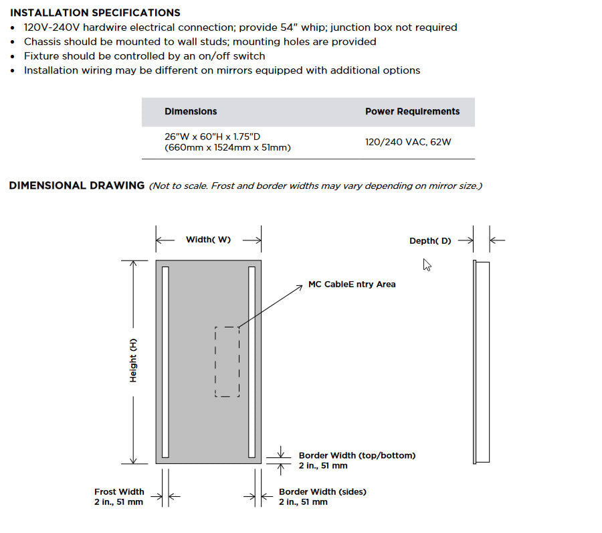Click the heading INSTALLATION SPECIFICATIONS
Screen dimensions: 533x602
click(x=95, y=13)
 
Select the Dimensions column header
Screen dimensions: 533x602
click(x=191, y=112)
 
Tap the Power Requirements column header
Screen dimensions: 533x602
click(x=412, y=112)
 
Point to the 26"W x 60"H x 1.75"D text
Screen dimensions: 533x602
click(x=212, y=137)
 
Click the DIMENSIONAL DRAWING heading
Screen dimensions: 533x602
click(x=76, y=185)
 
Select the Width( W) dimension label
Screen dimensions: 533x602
click(x=208, y=240)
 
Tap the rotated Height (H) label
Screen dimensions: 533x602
click(x=133, y=360)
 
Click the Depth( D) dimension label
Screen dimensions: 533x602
click(x=430, y=240)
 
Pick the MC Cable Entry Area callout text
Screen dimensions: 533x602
click(x=352, y=285)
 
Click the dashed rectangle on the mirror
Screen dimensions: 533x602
click(x=227, y=362)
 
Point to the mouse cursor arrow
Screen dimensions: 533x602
click(x=427, y=264)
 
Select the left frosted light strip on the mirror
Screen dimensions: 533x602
click(x=165, y=362)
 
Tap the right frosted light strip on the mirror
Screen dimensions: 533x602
click(x=252, y=362)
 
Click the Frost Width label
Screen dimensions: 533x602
click(x=119, y=491)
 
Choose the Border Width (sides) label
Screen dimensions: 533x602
click(x=322, y=491)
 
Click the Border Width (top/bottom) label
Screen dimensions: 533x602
click(x=357, y=455)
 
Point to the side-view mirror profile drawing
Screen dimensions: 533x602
click(x=480, y=362)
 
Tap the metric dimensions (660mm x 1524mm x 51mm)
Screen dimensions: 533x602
click(x=227, y=147)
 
